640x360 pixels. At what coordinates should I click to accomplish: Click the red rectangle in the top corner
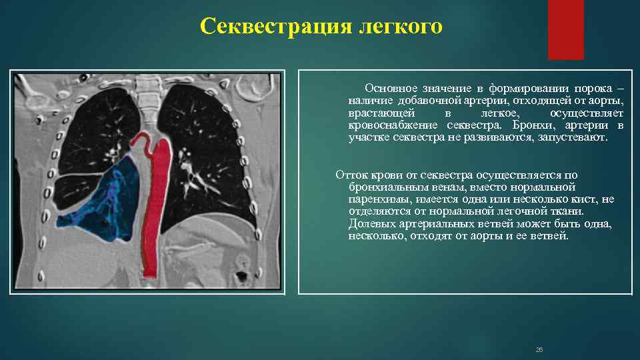565,30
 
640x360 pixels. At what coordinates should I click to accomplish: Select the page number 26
539,349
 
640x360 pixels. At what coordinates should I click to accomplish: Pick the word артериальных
433,224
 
